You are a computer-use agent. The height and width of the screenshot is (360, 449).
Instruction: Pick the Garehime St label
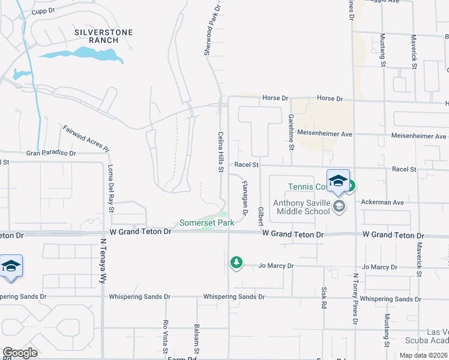click(291, 131)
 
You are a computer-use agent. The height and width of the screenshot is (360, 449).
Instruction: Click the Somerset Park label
click(206, 223)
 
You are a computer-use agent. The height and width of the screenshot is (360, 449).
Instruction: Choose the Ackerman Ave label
click(382, 202)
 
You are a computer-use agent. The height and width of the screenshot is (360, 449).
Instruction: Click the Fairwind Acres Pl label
click(86, 138)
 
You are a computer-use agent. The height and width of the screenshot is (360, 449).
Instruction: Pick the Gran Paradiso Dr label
click(51, 154)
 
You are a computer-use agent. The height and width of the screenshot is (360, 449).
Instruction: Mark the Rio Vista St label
click(166, 334)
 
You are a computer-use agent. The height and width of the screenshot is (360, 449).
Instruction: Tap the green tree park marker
click(237, 262)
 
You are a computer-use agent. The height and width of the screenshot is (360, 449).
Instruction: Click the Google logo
click(20, 353)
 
